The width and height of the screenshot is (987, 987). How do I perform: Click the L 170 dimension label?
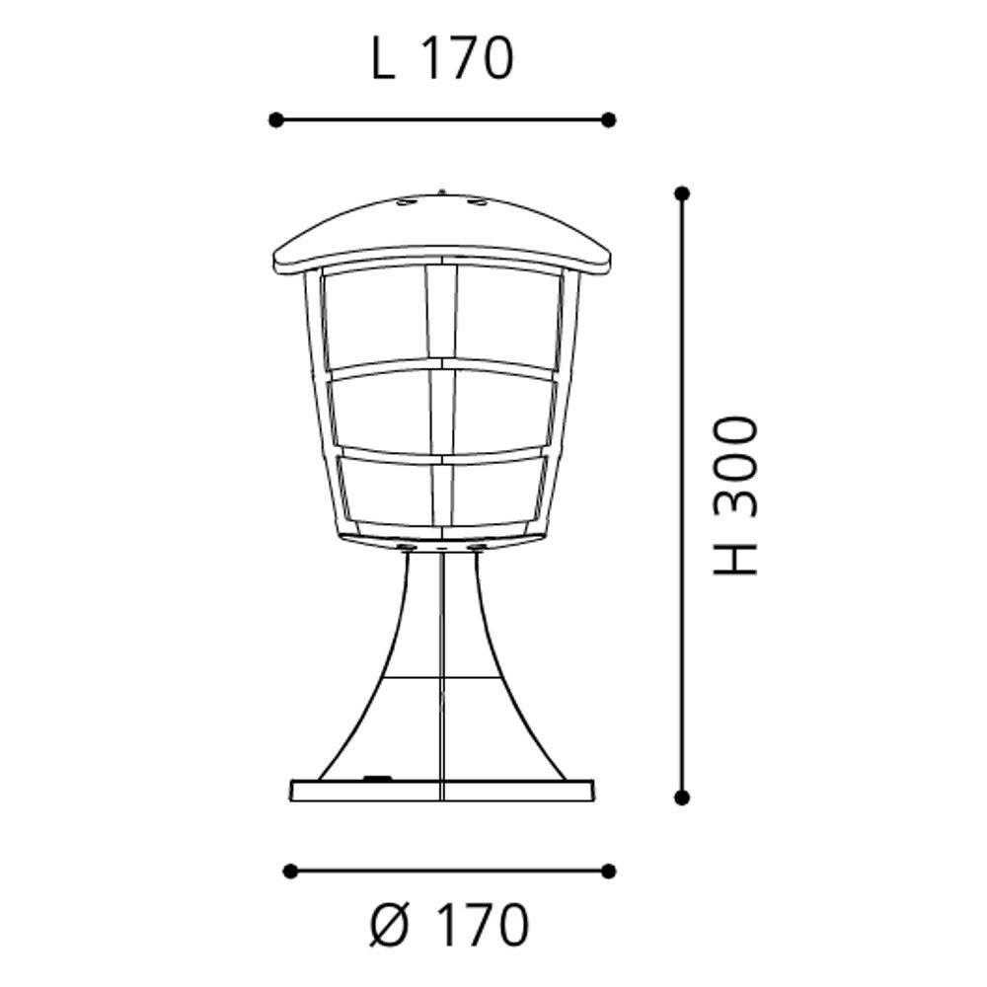[x=442, y=58]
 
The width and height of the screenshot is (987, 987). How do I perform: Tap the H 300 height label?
[x=734, y=495]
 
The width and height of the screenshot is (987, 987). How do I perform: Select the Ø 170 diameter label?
[x=449, y=925]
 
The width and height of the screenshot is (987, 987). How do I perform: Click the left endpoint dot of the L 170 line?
[x=275, y=119]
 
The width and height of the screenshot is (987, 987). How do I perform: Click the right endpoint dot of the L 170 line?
[x=608, y=119]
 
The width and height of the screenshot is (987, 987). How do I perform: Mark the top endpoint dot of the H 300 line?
[x=681, y=193]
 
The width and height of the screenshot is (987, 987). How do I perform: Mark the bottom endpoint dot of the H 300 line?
[x=681, y=797]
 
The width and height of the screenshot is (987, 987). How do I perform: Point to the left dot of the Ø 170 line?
[x=290, y=872]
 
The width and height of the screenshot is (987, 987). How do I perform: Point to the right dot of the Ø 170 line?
[x=608, y=872]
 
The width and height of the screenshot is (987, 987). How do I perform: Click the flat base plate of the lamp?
[x=442, y=791]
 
